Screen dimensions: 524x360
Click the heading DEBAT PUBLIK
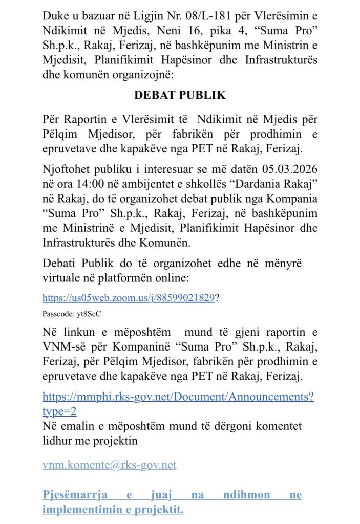tap(180, 95)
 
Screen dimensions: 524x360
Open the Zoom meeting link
tap(128, 298)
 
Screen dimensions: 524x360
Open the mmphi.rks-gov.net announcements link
tap(178, 397)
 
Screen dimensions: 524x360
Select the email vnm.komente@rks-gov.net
tap(109, 465)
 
